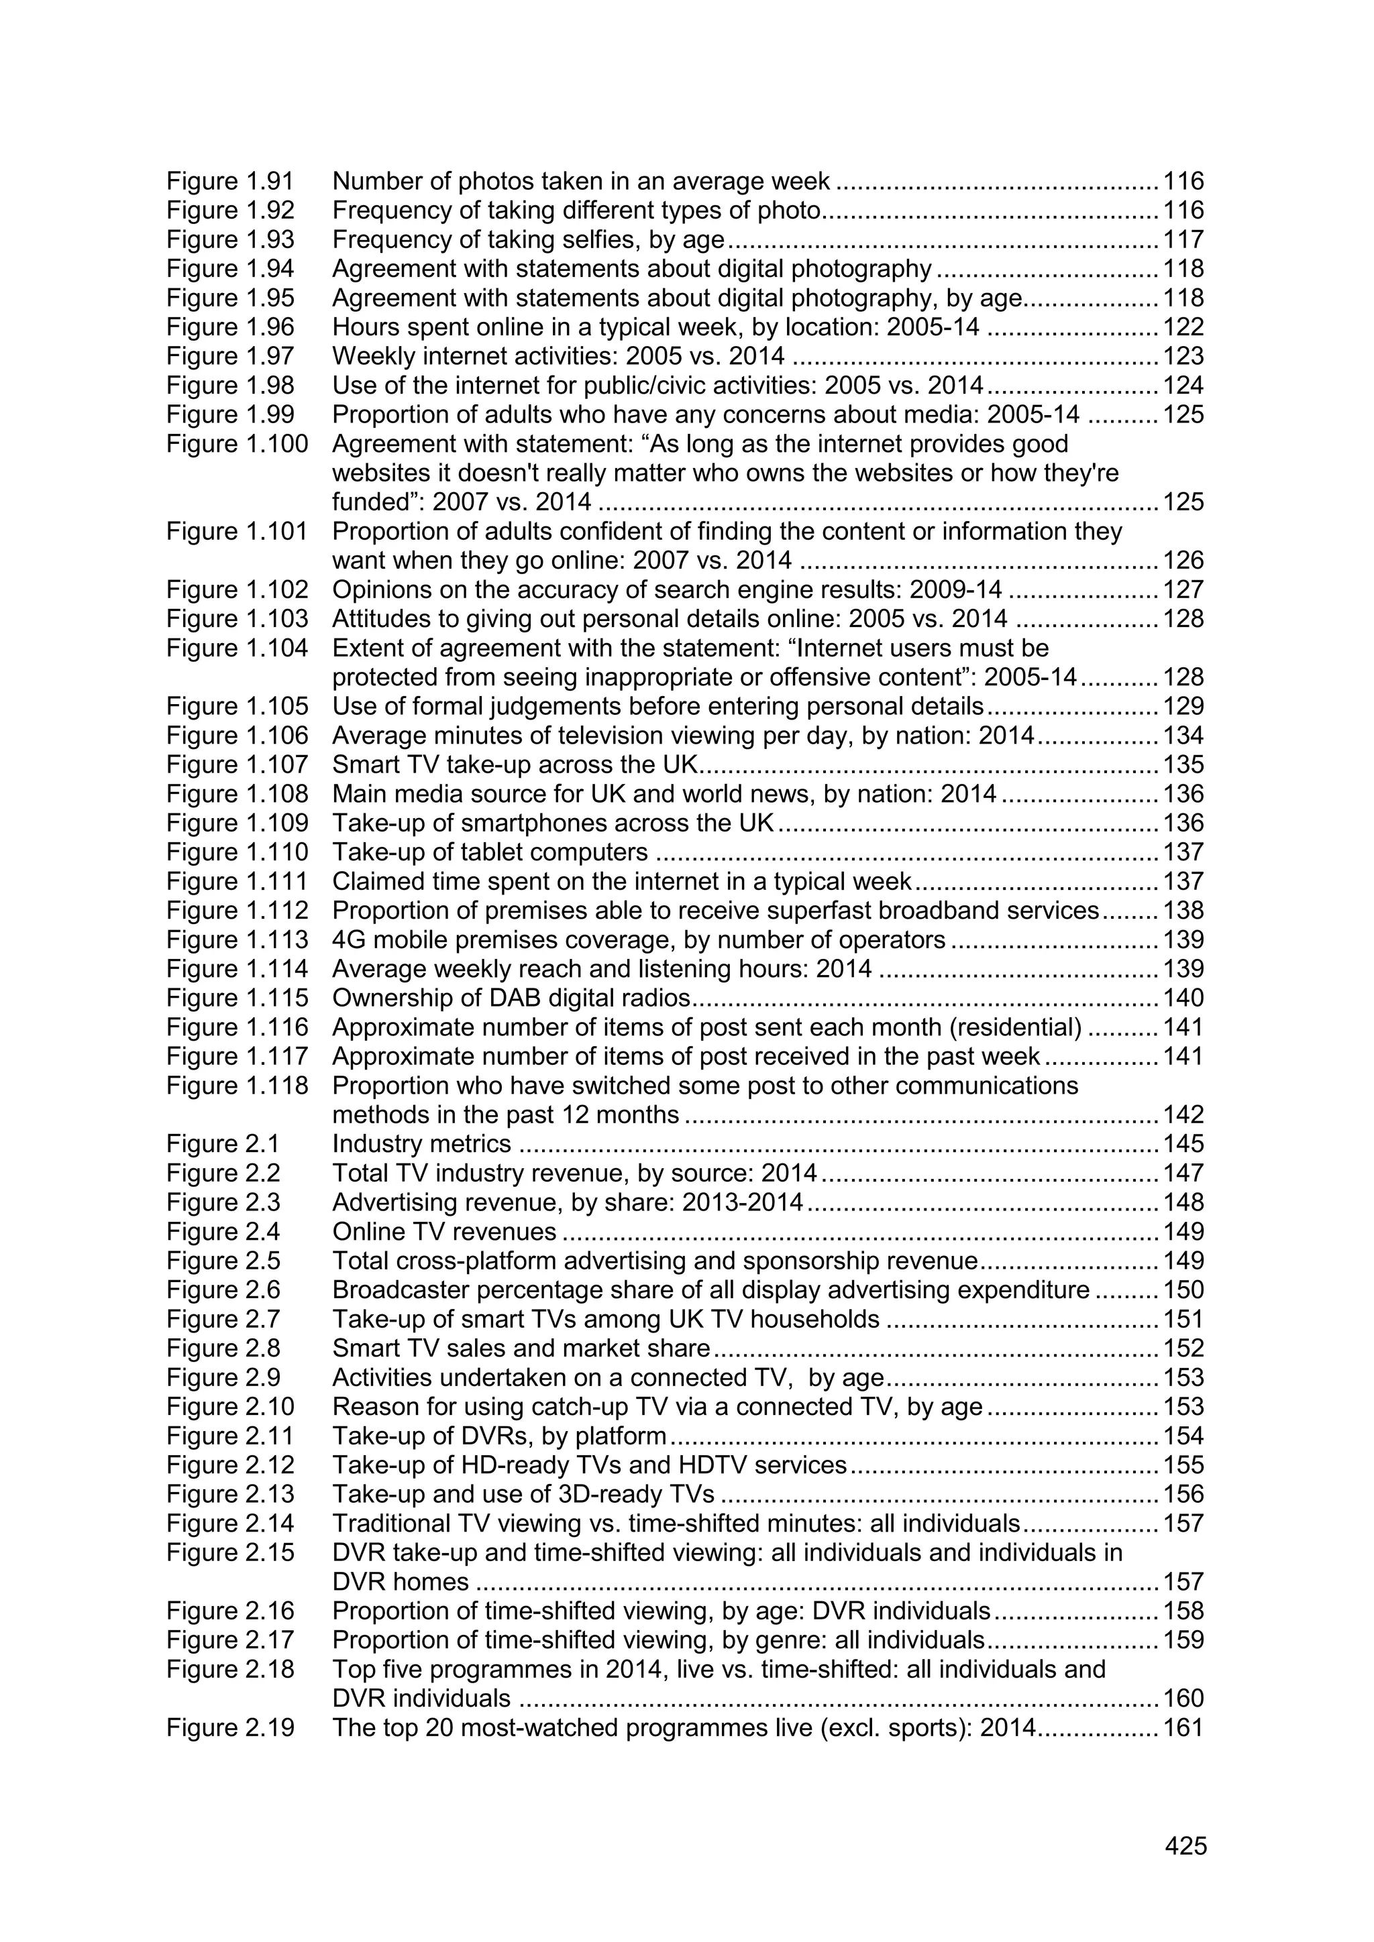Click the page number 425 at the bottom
1185,1845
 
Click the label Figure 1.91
230,181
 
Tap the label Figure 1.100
237,443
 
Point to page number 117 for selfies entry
1183,239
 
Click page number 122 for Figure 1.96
1183,327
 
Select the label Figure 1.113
237,939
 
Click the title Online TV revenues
444,1231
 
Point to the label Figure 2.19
230,1727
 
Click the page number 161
1183,1727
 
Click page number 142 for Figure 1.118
1183,1115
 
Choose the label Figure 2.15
230,1552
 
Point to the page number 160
1183,1699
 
